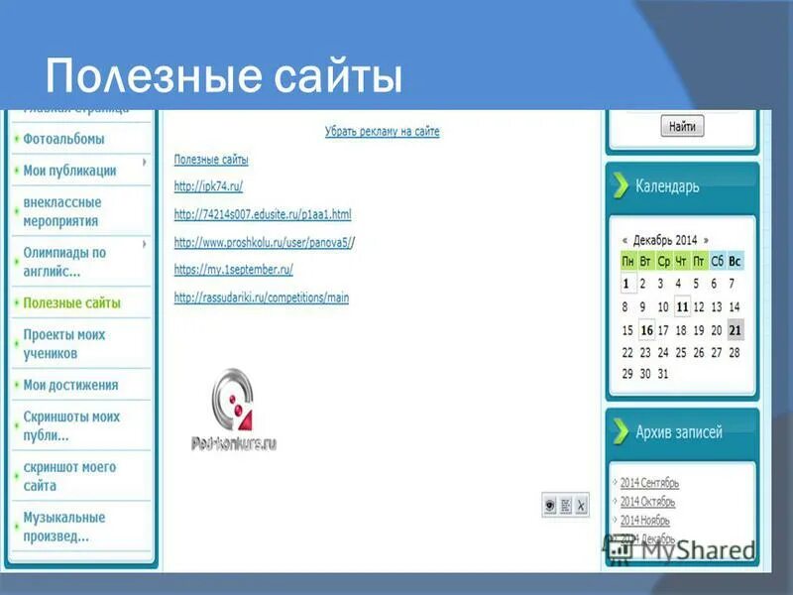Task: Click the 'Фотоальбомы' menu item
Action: pyautogui.click(x=63, y=139)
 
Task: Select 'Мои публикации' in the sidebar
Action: pyautogui.click(x=69, y=171)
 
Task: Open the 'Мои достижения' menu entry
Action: pyautogui.click(x=70, y=385)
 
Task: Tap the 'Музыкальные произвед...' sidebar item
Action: pyautogui.click(x=63, y=527)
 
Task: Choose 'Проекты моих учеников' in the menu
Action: pyautogui.click(x=63, y=344)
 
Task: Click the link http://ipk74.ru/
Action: pyautogui.click(x=208, y=186)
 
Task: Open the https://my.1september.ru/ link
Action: pyautogui.click(x=233, y=269)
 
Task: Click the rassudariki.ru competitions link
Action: pyautogui.click(x=262, y=297)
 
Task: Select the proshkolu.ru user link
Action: pyautogui.click(x=263, y=242)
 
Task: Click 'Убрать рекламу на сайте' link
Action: pyautogui.click(x=382, y=131)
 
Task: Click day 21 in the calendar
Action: pyautogui.click(x=735, y=330)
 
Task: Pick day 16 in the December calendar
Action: pyautogui.click(x=646, y=330)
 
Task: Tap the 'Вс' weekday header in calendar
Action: pyautogui.click(x=735, y=261)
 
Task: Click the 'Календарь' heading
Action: pyautogui.click(x=667, y=185)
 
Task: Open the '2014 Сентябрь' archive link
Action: pyautogui.click(x=649, y=483)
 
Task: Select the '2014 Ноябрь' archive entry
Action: pyautogui.click(x=644, y=520)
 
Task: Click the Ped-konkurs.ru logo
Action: pyautogui.click(x=234, y=412)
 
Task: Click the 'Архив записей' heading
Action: pyautogui.click(x=679, y=431)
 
